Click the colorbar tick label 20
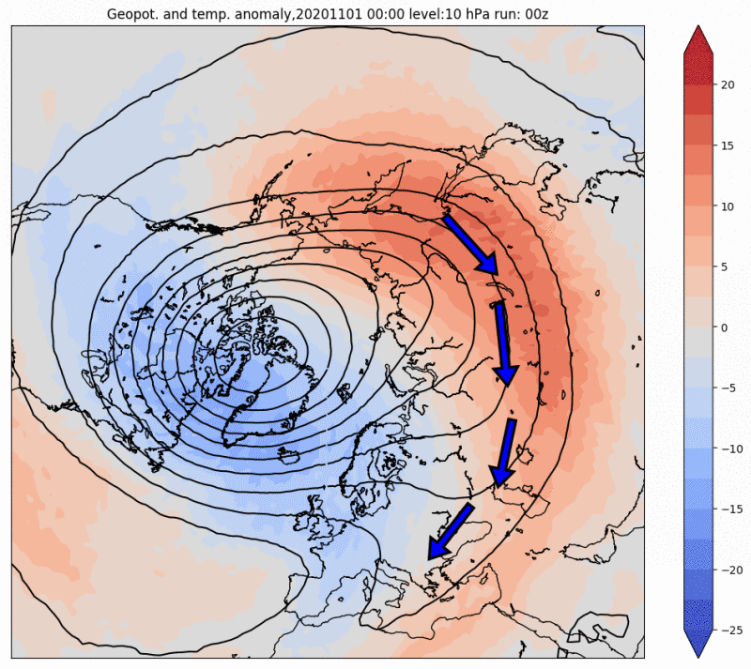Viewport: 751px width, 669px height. pos(727,85)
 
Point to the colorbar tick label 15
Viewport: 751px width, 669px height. pos(727,146)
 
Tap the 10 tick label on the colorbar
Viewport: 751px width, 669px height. pos(727,206)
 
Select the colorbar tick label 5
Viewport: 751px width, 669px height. pos(724,267)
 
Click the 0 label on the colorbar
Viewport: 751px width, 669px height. pos(724,327)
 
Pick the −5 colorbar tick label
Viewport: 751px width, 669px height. pos(728,388)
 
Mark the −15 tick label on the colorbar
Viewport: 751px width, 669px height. pos(731,509)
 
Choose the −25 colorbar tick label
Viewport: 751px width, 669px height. pos(731,631)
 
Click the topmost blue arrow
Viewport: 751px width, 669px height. pos(471,245)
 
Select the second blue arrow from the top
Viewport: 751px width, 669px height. pos(503,343)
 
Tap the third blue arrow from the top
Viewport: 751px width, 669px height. pos(504,452)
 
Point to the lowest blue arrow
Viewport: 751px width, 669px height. pos(450,531)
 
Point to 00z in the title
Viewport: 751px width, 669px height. pos(536,14)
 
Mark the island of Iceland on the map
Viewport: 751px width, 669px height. pos(290,455)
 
